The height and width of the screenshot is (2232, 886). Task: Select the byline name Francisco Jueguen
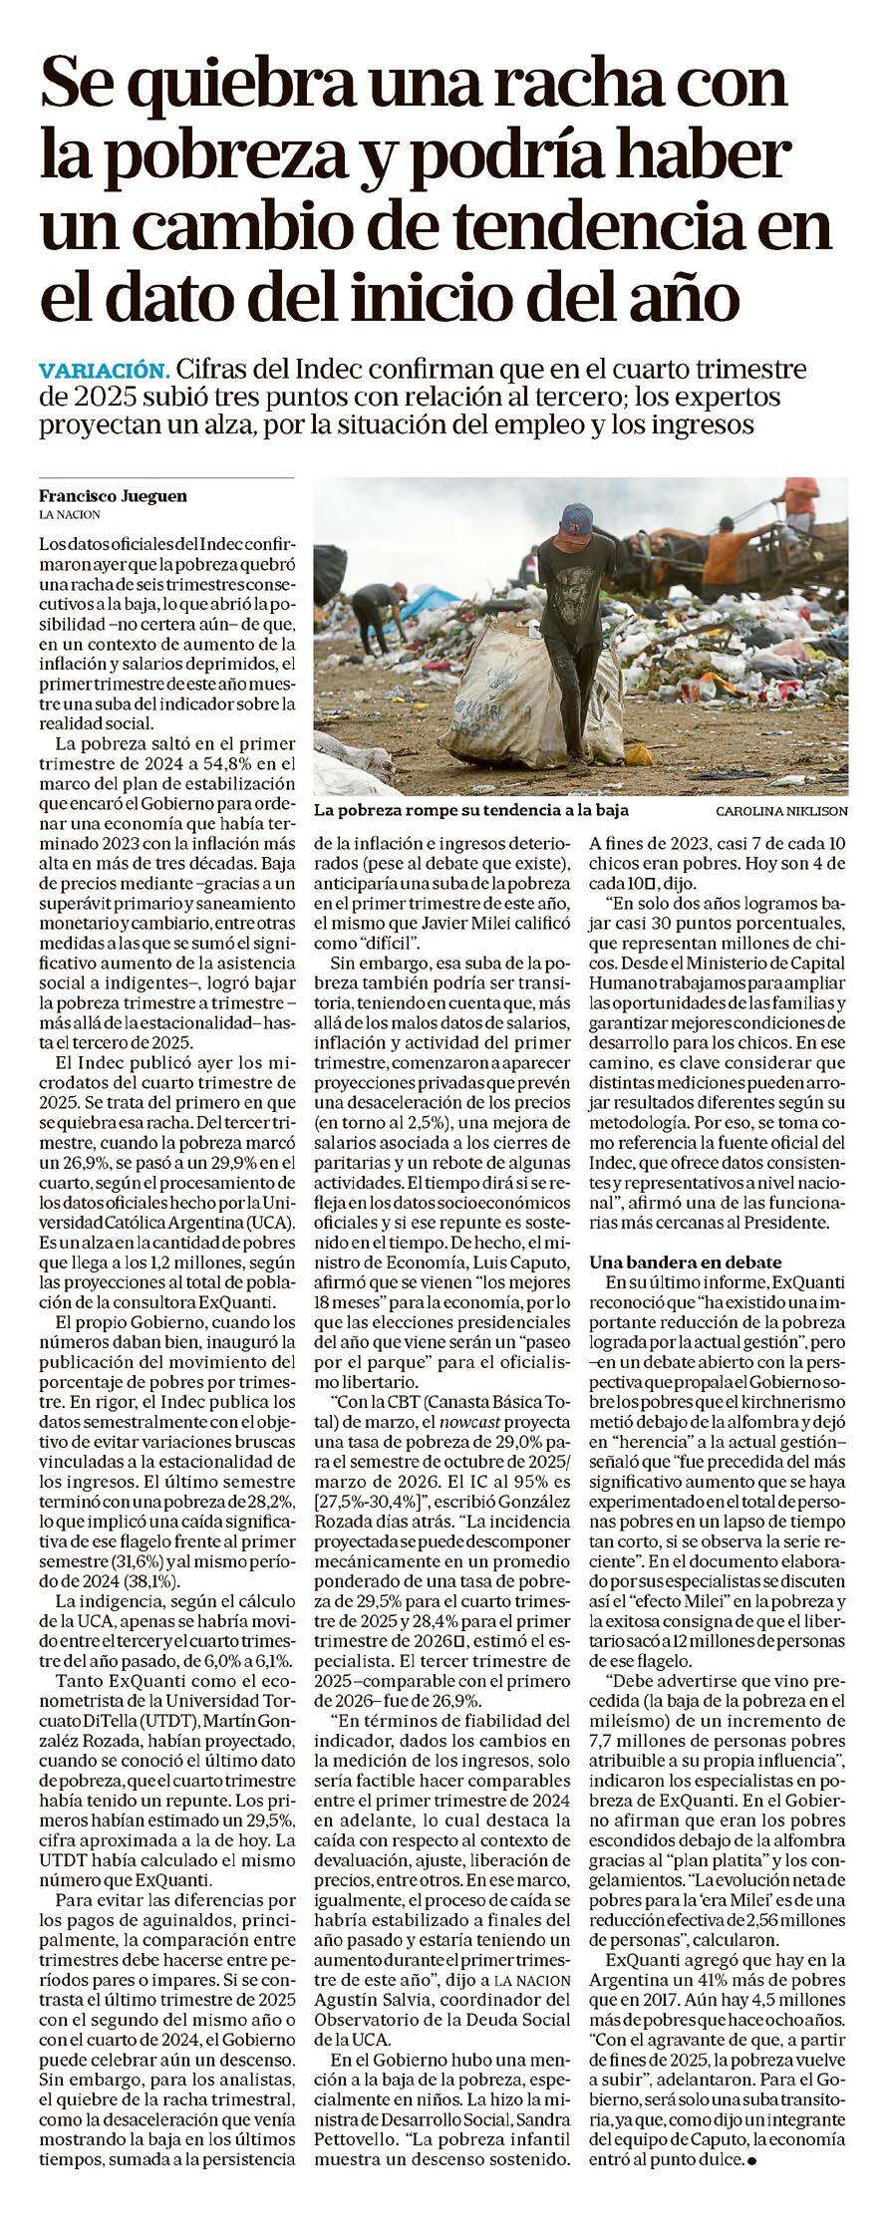click(x=112, y=496)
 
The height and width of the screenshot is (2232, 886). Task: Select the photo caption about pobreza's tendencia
click(x=471, y=810)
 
